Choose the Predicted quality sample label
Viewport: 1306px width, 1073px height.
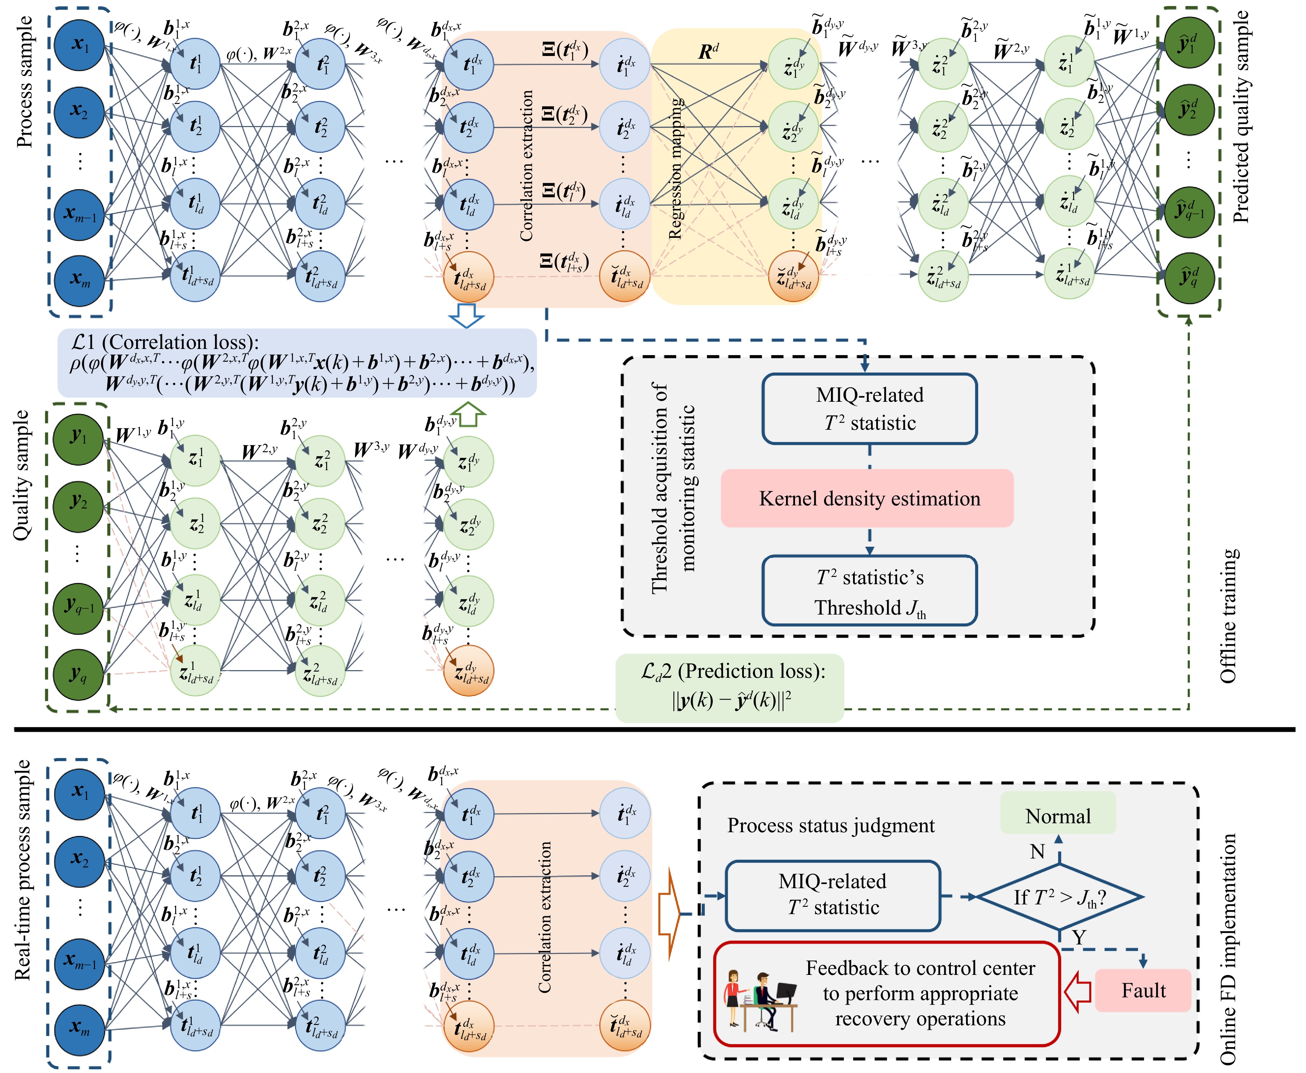pos(1240,117)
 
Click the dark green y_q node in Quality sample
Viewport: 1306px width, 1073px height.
pos(78,674)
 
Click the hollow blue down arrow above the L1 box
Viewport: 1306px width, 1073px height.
pos(466,315)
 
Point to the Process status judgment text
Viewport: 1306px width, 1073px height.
pos(830,825)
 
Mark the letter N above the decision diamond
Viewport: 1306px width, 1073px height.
pos(1037,852)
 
